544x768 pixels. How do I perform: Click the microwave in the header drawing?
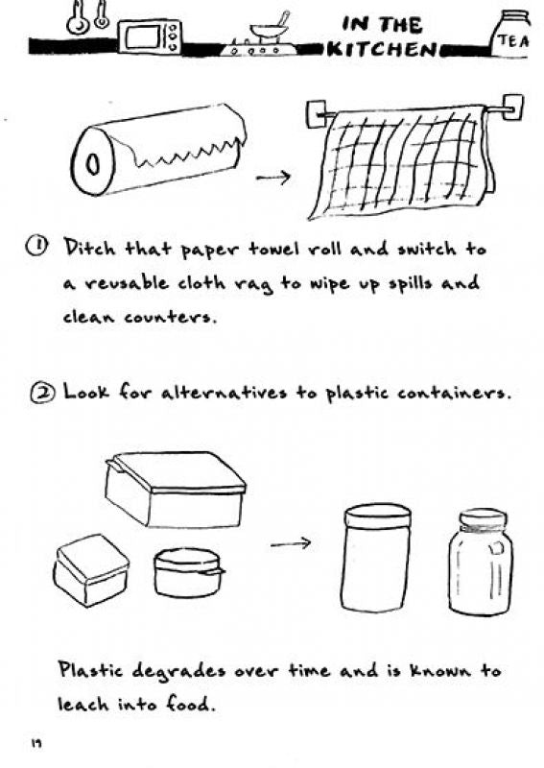150,36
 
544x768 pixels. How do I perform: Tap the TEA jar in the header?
511,36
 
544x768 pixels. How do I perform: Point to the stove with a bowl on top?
258,36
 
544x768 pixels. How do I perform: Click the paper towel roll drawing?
157,150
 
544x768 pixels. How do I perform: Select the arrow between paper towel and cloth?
273,177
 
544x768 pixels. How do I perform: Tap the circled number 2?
40,393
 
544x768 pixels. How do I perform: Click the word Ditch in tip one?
90,248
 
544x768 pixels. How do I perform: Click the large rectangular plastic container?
176,489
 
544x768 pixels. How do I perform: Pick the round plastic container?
188,572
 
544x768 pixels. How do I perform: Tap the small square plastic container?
91,569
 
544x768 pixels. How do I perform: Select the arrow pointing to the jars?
291,542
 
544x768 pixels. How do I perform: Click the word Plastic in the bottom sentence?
90,669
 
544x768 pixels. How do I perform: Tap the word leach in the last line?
83,704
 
